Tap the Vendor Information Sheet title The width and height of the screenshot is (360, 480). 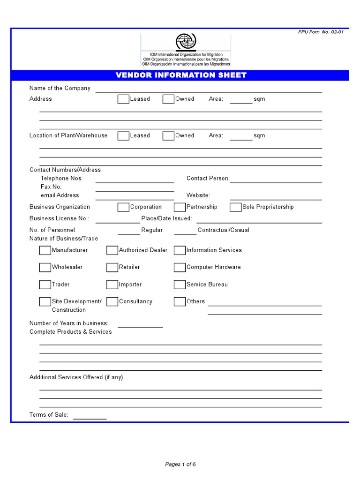181,75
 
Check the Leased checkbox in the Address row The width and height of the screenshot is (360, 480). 123,99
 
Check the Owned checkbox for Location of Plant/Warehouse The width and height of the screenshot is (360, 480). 168,136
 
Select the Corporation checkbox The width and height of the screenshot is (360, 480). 123,207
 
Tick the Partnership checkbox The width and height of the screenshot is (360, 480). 180,207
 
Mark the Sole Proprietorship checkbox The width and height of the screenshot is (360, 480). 235,207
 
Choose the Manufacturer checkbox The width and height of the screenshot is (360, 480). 45,250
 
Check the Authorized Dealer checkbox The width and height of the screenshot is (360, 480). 112,250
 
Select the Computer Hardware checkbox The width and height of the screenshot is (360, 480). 180,268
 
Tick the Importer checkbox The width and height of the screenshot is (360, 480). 112,285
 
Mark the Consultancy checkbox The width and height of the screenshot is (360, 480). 112,302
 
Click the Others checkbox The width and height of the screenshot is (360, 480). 180,302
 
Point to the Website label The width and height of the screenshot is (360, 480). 198,195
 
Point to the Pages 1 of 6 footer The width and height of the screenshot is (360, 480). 180,465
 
